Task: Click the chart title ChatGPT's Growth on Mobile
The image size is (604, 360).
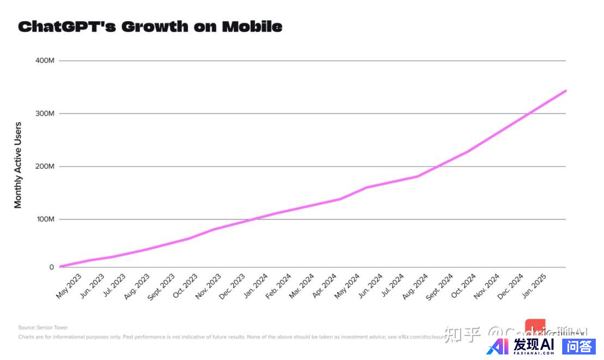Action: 150,26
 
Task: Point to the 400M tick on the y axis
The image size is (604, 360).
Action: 45,60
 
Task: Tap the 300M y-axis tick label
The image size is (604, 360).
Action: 45,113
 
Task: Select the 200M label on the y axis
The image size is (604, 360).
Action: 45,166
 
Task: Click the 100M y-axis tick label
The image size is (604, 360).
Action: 45,219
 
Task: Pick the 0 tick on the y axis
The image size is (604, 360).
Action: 52,267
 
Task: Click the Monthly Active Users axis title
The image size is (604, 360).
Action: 18,165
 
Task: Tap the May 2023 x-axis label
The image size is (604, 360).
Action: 69,285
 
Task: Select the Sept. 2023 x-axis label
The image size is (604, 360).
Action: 161,286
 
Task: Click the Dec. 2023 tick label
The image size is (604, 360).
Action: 232,286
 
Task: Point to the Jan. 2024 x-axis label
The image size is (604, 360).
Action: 255,286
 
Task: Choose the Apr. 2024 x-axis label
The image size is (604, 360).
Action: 325,286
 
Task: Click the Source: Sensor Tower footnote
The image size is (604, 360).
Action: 43,327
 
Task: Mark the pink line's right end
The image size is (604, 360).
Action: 566,90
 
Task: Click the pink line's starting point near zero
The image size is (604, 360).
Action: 60,266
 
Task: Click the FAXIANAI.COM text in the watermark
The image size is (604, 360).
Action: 534,352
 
